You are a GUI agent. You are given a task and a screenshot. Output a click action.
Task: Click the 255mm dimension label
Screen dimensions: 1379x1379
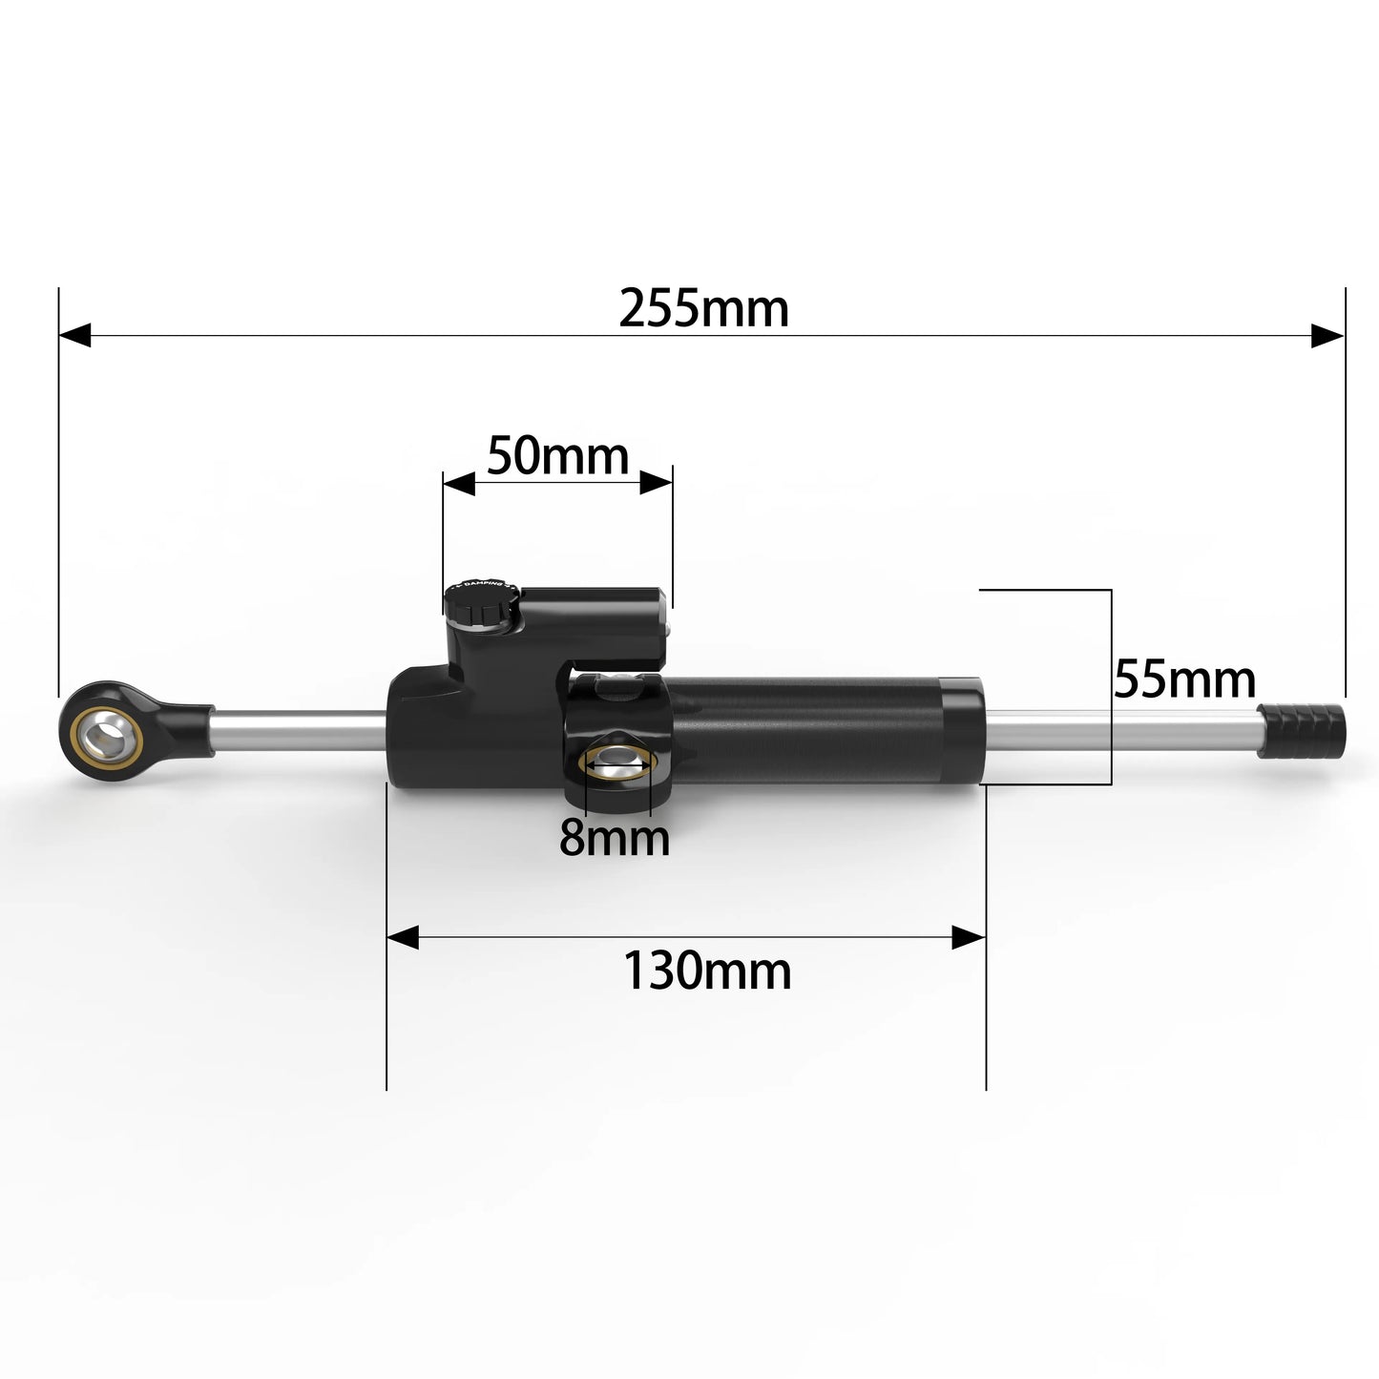pyautogui.click(x=703, y=308)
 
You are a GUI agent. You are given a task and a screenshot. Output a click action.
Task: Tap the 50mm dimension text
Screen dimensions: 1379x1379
pyautogui.click(x=557, y=456)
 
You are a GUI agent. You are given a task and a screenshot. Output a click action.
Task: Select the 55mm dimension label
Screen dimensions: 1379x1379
pyautogui.click(x=1184, y=680)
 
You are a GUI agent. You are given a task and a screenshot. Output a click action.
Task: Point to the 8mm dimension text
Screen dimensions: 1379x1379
pyautogui.click(x=614, y=838)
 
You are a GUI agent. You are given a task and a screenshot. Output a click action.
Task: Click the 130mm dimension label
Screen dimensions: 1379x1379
pyautogui.click(x=707, y=972)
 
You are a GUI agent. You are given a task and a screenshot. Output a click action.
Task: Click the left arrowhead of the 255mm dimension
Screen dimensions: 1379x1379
pyautogui.click(x=74, y=335)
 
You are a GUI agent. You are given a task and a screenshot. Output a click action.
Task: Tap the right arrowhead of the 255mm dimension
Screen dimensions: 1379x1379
pyautogui.click(x=1327, y=335)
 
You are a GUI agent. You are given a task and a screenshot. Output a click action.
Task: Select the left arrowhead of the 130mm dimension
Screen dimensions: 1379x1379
pyautogui.click(x=403, y=937)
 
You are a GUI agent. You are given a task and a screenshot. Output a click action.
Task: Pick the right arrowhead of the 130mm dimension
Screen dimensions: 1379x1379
pyautogui.click(x=969, y=937)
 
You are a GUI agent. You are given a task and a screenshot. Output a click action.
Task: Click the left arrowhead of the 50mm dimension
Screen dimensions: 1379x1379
pyautogui.click(x=459, y=483)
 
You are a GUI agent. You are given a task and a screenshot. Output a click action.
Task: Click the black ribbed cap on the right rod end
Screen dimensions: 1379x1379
pyautogui.click(x=1302, y=730)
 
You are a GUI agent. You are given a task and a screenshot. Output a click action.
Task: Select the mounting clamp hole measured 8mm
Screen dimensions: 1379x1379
pyautogui.click(x=616, y=761)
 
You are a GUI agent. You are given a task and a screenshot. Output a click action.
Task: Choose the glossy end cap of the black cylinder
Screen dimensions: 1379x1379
pyautogui.click(x=962, y=730)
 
